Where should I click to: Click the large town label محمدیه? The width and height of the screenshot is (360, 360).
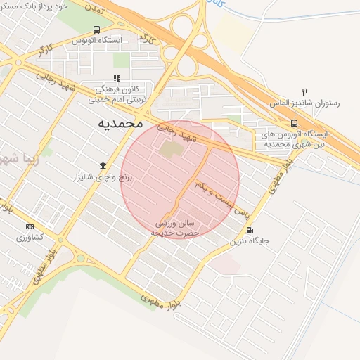point(117,124)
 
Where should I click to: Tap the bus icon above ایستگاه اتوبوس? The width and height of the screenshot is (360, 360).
point(96,30)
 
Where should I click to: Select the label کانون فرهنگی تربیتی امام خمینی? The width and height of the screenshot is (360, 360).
point(117,95)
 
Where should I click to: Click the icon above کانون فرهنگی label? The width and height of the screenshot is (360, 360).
point(117,78)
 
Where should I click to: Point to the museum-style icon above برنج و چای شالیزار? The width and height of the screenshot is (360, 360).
point(103,166)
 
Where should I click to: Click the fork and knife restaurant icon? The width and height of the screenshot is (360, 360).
point(304,92)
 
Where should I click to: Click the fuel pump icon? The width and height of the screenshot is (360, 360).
point(249,230)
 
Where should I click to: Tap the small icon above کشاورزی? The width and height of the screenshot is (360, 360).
point(30,226)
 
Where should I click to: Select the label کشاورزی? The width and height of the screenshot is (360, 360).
point(30,237)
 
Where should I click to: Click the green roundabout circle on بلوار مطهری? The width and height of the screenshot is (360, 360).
point(80,257)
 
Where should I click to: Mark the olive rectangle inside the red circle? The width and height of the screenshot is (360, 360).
point(170,149)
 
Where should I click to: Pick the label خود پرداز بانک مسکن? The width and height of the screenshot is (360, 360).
point(39,5)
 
